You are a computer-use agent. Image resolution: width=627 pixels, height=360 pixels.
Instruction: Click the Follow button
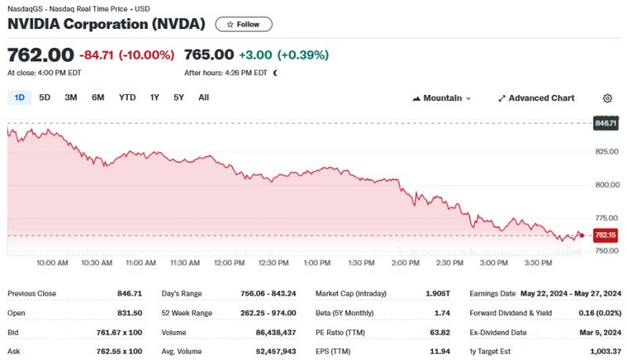coord(244,24)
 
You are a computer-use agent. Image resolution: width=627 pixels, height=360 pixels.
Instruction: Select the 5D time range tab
coord(45,97)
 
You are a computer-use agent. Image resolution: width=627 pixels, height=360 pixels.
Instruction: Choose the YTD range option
coord(127,97)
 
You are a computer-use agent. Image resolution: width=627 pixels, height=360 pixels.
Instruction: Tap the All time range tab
coord(204,97)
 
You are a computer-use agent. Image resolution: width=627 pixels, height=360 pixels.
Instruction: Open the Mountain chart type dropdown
coord(441,98)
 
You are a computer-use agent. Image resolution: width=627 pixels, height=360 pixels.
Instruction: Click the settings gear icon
coord(607,98)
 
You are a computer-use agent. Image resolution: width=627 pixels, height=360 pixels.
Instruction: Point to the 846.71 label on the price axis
coord(606,123)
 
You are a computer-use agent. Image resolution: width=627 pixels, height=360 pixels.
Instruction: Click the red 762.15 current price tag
coord(605,235)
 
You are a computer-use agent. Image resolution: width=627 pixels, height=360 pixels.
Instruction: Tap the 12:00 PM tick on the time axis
coord(230,263)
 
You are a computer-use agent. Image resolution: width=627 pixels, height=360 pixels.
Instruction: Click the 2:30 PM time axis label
coord(450,263)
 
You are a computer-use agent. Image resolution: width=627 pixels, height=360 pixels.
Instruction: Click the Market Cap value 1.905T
coord(437,293)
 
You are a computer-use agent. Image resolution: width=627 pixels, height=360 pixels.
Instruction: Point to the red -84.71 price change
coord(96,55)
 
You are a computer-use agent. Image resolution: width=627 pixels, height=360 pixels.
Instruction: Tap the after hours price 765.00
coord(208,55)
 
